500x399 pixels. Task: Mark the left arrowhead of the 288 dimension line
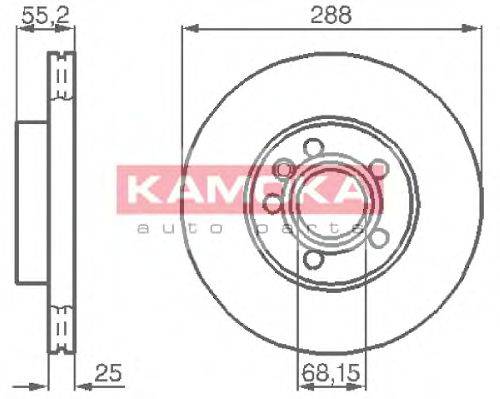tap(187, 29)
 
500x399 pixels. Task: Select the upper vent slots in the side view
tap(62, 74)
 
